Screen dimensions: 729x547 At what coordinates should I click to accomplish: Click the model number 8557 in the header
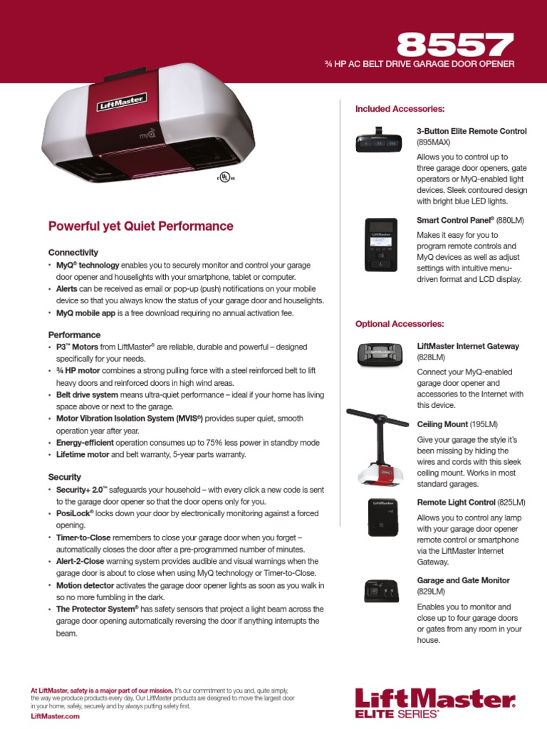tap(454, 46)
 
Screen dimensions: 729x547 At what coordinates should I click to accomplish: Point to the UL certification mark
tap(225, 178)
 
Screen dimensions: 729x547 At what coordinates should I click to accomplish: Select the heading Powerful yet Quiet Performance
tap(140, 226)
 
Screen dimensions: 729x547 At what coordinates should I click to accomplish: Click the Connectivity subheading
tap(73, 253)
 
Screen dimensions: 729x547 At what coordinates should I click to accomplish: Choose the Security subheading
tap(64, 477)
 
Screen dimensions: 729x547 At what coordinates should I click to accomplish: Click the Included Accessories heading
tap(400, 109)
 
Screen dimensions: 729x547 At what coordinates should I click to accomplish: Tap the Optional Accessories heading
tap(400, 324)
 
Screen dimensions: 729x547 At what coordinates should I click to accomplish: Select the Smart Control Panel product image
tap(380, 245)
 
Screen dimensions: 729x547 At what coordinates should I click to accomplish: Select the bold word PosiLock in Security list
tap(74, 513)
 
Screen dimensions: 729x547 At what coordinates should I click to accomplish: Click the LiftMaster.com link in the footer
tap(55, 716)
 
